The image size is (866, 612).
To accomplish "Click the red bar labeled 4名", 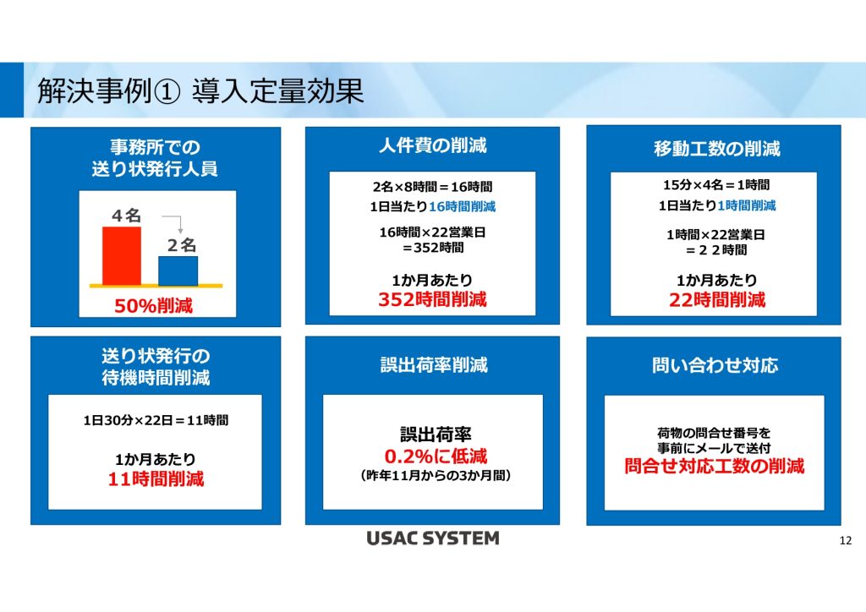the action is click(x=122, y=255).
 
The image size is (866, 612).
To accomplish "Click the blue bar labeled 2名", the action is click(x=178, y=271).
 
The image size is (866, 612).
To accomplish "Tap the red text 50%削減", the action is click(x=154, y=306).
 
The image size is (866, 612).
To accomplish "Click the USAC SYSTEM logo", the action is click(x=433, y=538).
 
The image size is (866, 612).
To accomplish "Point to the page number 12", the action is click(x=846, y=541).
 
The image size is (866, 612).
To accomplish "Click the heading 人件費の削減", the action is click(x=432, y=145).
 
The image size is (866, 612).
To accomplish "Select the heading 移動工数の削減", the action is click(x=717, y=149).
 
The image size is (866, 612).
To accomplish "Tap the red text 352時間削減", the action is click(x=432, y=299).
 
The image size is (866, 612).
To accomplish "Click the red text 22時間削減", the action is click(x=717, y=300).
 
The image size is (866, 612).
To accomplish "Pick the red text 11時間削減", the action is click(x=156, y=479).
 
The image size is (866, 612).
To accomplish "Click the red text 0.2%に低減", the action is click(x=436, y=456).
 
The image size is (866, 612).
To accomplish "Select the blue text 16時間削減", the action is click(x=463, y=207).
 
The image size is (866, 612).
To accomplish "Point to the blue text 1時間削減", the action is click(x=747, y=206).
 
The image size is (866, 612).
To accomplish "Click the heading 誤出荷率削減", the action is click(x=434, y=365).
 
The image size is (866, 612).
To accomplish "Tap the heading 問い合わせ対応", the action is click(x=715, y=365).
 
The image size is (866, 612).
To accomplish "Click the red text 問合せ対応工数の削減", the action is click(x=714, y=467).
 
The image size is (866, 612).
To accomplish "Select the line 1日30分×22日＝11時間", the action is click(x=156, y=420).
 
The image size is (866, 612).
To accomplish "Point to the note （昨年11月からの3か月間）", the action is click(x=436, y=475).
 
